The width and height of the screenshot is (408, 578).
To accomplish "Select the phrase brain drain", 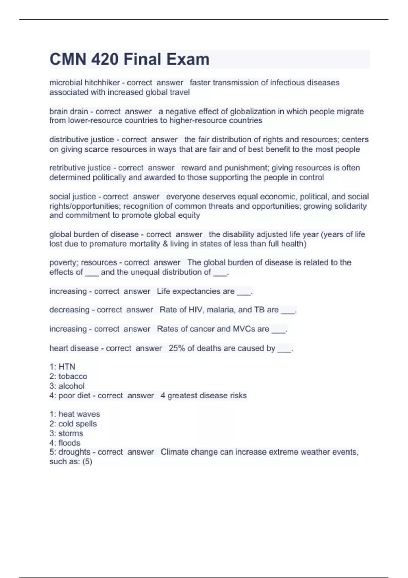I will pos(69,112).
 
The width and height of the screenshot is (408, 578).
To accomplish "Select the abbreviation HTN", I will pos(67,367).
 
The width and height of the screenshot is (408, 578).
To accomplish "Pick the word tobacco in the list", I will pos(73,376).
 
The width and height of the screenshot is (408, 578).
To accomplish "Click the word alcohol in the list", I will pos(71,386).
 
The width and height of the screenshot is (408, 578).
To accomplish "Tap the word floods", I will pos(69,443).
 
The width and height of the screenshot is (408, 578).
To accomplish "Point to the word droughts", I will pos(75,452).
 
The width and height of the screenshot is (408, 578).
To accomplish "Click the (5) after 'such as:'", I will pos(87,462).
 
